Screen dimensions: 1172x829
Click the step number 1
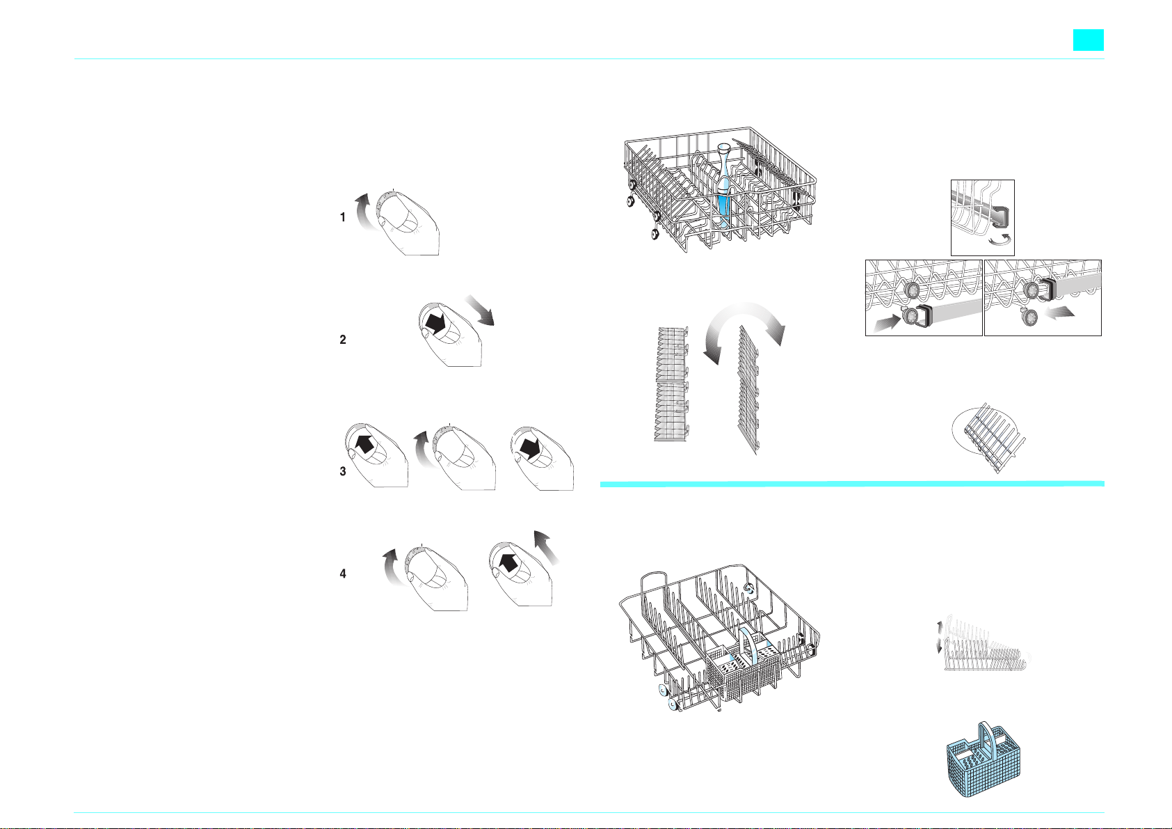click(x=343, y=217)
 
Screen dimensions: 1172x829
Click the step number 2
click(x=343, y=340)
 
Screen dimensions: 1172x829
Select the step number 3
click(x=343, y=471)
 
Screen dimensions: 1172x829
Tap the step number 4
click(x=343, y=574)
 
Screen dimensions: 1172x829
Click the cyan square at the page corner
click(x=1089, y=40)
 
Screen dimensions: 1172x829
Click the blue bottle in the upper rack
click(x=723, y=186)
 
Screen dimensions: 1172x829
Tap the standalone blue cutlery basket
click(x=983, y=759)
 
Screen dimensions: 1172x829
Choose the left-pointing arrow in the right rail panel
click(x=1059, y=312)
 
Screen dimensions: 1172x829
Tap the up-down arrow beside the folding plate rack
click(x=939, y=637)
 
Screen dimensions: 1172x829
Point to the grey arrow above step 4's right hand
click(x=546, y=547)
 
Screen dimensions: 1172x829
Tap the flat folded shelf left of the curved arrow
click(x=672, y=384)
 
